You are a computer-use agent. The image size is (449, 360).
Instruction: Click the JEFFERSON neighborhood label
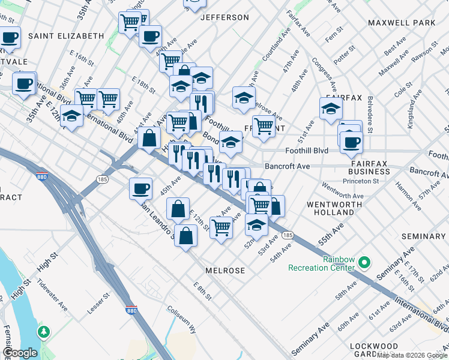[224, 17]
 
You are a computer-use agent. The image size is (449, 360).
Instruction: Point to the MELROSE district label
[225, 271]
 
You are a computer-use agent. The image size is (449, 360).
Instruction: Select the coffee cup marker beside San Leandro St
[141, 188]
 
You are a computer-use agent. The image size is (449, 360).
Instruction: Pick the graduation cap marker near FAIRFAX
[330, 109]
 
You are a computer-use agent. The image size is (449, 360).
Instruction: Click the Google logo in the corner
[20, 353]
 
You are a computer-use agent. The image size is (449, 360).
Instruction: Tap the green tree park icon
[44, 331]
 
